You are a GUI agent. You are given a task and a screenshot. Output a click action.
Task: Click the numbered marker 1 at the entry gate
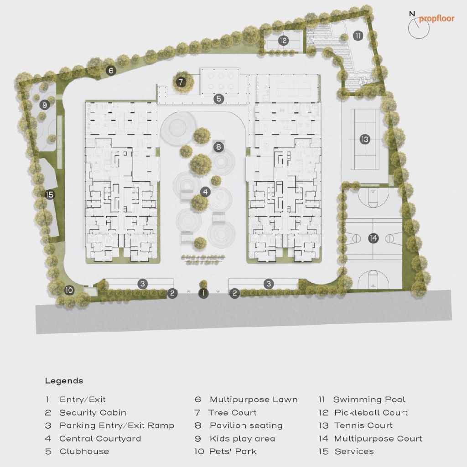[203, 293]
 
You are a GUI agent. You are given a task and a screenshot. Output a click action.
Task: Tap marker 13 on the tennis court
[364, 139]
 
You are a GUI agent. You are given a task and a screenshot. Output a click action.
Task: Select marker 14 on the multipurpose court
[373, 238]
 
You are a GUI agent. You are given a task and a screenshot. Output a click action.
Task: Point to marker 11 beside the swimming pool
[358, 36]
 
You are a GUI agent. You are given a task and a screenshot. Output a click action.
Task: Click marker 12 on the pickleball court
[283, 41]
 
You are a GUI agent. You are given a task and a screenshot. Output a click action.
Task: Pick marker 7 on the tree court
[181, 82]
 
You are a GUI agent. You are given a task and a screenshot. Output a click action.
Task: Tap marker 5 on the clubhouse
[219, 99]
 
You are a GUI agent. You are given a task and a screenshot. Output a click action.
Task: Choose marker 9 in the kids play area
[45, 105]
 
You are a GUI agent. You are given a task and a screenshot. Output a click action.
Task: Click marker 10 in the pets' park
[69, 291]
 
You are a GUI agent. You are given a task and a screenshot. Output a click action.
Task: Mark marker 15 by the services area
[49, 195]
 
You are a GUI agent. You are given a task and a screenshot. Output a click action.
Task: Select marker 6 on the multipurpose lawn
[111, 71]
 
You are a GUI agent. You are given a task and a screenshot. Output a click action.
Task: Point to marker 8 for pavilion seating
[218, 146]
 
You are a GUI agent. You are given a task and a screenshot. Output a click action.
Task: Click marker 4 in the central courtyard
[205, 192]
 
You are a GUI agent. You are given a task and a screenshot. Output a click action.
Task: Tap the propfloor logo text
[436, 19]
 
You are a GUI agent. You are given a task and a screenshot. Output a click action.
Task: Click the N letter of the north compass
[412, 14]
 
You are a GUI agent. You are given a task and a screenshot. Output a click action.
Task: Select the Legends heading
[64, 381]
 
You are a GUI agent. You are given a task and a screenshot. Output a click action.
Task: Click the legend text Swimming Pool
[369, 400]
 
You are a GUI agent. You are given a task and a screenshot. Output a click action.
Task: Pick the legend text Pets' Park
[233, 451]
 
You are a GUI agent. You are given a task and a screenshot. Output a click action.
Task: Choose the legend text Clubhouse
[84, 451]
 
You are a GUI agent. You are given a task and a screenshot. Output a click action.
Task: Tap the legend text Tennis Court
[363, 425]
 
